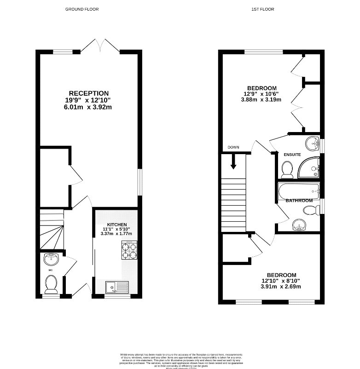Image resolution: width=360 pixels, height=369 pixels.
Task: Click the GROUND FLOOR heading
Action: tap(82, 9)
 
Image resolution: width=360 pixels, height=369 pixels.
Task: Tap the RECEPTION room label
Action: tap(89, 93)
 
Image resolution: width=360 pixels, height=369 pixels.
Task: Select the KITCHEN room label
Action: tap(117, 224)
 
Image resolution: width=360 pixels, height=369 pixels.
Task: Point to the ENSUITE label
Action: tap(292, 155)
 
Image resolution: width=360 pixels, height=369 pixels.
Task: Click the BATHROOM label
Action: tap(299, 201)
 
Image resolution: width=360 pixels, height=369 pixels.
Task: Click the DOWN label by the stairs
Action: tap(233, 148)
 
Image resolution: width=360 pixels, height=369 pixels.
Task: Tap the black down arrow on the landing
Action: tap(233, 161)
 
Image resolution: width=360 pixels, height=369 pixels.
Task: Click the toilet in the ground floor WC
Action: tap(51, 284)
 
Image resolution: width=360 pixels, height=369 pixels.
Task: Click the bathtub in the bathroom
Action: tap(299, 190)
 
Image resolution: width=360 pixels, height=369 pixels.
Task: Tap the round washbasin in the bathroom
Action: tap(298, 225)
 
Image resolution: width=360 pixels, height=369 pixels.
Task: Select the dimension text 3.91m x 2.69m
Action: tap(281, 287)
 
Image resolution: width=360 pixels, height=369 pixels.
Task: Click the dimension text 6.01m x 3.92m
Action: tap(89, 107)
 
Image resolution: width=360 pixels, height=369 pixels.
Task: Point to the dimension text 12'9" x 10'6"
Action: tap(261, 95)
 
